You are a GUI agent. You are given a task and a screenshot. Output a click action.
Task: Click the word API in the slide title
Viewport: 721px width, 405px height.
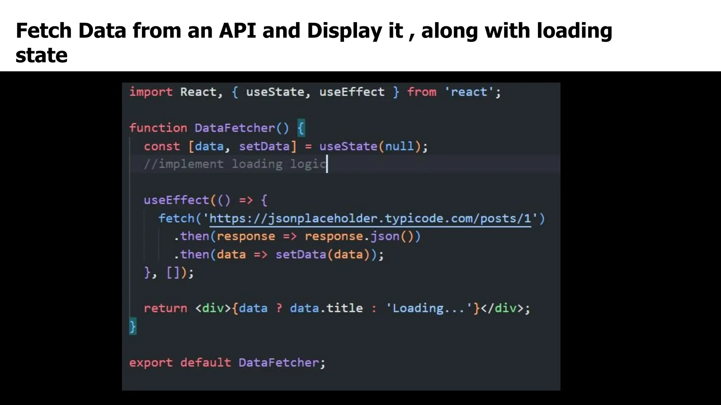click(x=237, y=31)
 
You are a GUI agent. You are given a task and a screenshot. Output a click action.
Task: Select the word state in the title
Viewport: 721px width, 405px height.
click(x=42, y=56)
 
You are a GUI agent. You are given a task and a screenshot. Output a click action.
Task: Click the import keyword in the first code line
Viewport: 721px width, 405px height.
click(x=151, y=92)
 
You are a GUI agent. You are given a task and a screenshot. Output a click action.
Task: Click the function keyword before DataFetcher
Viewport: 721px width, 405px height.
click(x=158, y=128)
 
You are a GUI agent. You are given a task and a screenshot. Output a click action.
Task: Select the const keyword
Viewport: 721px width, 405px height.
click(x=162, y=146)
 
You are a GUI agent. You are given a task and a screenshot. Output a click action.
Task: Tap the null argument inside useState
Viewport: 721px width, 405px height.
click(x=399, y=146)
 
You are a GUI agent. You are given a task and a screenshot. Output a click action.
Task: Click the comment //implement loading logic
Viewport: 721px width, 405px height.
click(x=235, y=164)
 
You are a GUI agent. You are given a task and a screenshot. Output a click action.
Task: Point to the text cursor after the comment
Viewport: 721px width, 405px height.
click(x=327, y=164)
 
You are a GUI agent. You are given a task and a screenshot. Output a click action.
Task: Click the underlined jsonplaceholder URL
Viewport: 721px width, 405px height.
click(x=370, y=219)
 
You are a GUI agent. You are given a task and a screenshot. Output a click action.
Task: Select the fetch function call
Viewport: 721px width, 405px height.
click(x=176, y=219)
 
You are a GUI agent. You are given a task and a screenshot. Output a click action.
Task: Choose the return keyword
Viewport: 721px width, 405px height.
click(x=165, y=308)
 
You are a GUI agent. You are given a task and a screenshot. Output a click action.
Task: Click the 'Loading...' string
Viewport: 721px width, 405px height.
click(x=429, y=308)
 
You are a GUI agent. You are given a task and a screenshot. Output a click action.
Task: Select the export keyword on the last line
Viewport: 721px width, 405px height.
click(x=151, y=362)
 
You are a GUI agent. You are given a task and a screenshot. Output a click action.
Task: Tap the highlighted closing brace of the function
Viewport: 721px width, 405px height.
click(x=133, y=327)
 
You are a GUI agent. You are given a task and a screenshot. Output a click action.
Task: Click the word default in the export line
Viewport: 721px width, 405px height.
click(x=206, y=362)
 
